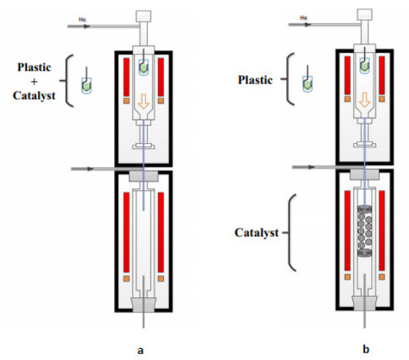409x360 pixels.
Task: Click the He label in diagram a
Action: (82, 19)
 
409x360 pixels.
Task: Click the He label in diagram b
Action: (304, 17)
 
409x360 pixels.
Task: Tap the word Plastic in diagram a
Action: (34, 67)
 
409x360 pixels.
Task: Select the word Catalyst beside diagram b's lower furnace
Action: (256, 233)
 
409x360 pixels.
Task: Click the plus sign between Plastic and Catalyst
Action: (34, 82)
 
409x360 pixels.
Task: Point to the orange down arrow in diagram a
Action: (144, 101)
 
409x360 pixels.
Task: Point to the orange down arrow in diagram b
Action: (364, 100)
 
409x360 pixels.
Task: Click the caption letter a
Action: (140, 350)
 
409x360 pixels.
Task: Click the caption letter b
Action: (366, 349)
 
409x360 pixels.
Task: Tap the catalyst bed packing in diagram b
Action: (364, 231)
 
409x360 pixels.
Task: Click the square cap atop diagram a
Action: (144, 16)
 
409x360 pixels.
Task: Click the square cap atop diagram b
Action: (364, 14)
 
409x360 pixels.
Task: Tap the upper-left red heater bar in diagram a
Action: (127, 77)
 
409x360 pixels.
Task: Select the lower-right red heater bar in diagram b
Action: (381, 230)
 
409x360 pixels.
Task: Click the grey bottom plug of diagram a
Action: (144, 305)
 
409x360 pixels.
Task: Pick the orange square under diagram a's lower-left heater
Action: (127, 279)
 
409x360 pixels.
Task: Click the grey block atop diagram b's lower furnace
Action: (364, 174)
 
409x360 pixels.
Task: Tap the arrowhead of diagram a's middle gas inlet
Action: (91, 169)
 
